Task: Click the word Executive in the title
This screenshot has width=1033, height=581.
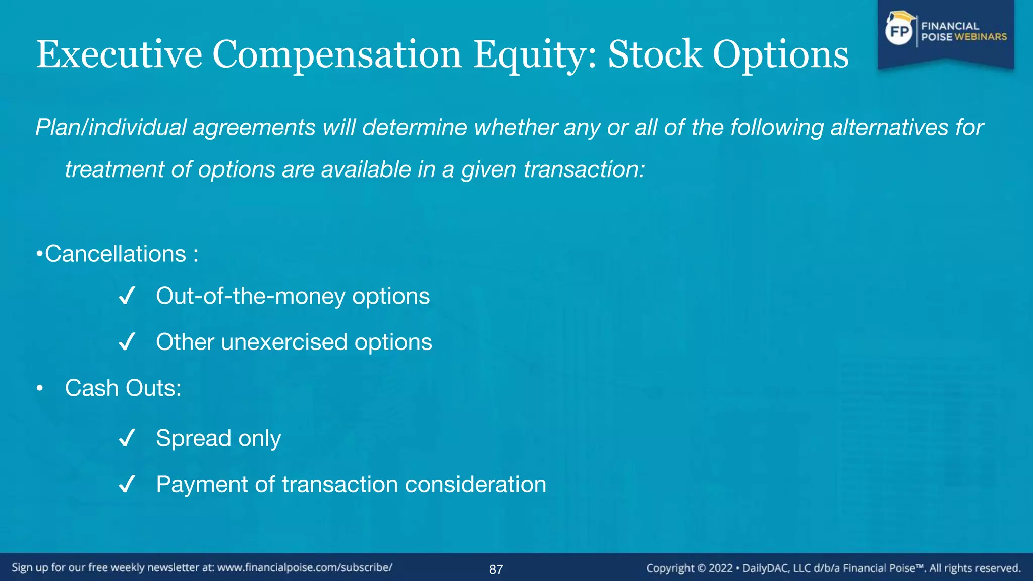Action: coord(119,54)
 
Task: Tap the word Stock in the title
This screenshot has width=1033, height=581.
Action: coord(655,54)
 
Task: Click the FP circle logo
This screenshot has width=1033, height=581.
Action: coord(899,32)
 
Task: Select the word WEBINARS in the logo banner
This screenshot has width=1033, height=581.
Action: coord(981,37)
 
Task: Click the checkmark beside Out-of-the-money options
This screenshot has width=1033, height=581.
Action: coord(127,296)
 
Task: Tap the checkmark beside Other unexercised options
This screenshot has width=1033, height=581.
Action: coord(127,342)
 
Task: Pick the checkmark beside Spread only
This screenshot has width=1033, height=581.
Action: coord(127,438)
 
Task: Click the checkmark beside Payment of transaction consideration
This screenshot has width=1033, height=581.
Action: coord(127,485)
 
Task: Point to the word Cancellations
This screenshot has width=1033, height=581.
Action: coord(116,254)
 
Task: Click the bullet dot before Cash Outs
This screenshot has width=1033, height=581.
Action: coord(40,389)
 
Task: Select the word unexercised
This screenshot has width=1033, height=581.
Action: coord(284,342)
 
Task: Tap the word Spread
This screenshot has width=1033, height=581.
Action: coord(193,438)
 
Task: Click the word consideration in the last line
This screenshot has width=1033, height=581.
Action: coord(475,485)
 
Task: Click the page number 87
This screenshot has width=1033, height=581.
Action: coord(496,570)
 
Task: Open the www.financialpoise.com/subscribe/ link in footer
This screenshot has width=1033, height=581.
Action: coord(305,568)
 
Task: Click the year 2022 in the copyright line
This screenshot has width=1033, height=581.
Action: coord(720,568)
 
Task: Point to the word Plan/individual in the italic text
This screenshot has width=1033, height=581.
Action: coord(111,128)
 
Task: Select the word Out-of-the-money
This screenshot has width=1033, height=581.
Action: coord(250,296)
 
